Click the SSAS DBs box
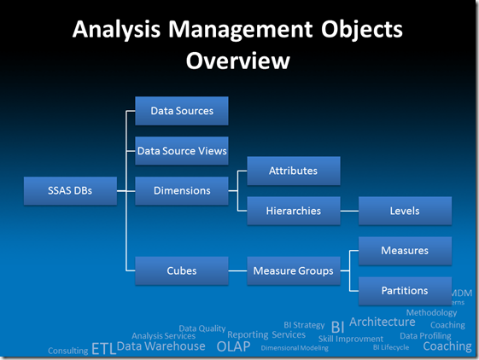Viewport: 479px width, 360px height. click(70, 191)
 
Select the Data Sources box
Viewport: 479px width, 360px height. click(182, 111)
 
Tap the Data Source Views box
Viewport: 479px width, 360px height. click(182, 151)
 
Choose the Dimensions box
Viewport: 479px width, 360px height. click(182, 191)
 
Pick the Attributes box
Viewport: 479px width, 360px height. click(293, 171)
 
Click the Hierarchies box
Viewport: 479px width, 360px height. click(293, 211)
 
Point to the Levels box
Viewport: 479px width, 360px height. click(405, 211)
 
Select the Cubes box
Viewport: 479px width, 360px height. click(182, 270)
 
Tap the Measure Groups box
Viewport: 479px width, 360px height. click(293, 270)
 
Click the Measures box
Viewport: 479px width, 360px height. click(405, 251)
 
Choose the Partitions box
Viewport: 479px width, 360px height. click(405, 290)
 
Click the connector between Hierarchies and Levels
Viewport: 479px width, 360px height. click(349, 211)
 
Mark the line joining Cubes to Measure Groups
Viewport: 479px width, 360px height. click(237, 270)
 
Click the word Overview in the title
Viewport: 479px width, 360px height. click(238, 61)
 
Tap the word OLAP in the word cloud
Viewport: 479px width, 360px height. click(233, 346)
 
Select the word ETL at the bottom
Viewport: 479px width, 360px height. click(102, 349)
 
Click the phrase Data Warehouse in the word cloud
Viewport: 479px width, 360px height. click(161, 346)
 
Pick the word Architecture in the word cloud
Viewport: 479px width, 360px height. click(382, 322)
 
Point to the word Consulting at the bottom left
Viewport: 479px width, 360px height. click(67, 351)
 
